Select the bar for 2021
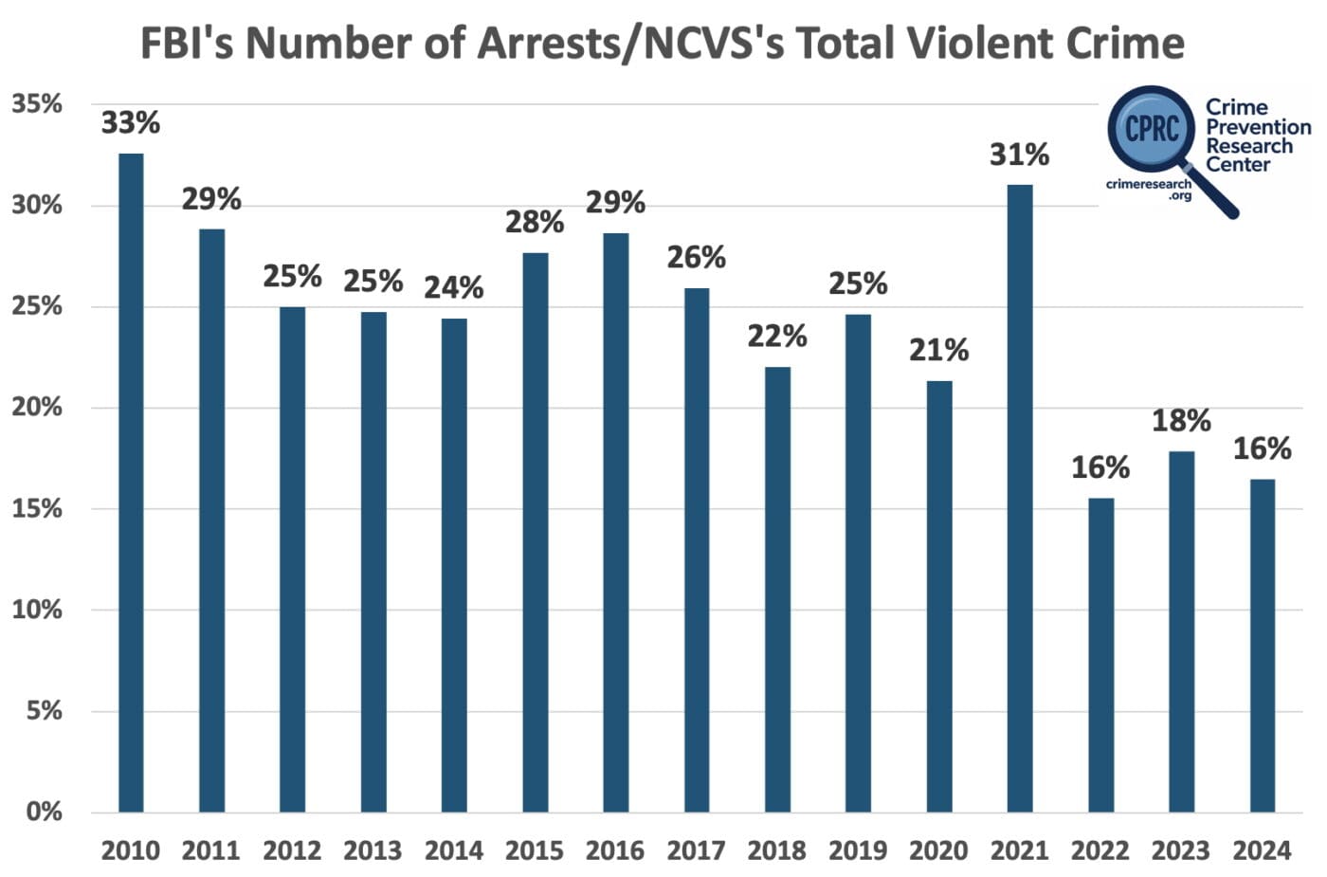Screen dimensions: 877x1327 (1019, 498)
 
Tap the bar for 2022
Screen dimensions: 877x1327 (1100, 654)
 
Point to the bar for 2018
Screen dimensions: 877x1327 (777, 589)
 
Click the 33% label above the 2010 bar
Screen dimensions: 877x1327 (131, 123)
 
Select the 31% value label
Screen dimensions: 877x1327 (1019, 155)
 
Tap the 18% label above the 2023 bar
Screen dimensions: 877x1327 (1181, 421)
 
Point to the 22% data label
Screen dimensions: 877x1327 (777, 337)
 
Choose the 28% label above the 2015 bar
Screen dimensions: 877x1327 (535, 223)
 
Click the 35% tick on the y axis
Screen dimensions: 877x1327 (37, 104)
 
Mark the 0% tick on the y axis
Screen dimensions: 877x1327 (44, 812)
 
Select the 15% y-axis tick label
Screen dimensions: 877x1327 (37, 509)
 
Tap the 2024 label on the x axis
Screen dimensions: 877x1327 (1262, 850)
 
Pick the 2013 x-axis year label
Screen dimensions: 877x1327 (373, 850)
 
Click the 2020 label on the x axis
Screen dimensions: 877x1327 (938, 850)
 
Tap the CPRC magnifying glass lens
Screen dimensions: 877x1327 (1152, 128)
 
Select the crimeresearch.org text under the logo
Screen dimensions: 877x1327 (1149, 189)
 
